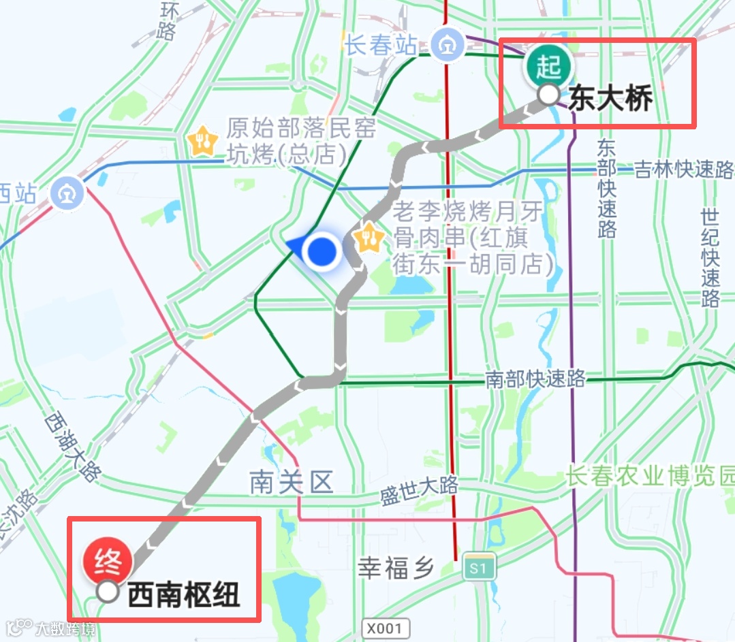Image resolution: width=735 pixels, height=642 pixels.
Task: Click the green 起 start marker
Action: pyautogui.click(x=548, y=67)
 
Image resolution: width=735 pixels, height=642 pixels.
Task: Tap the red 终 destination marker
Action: pyautogui.click(x=107, y=562)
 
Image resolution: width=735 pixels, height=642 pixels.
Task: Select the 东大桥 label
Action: pyautogui.click(x=611, y=99)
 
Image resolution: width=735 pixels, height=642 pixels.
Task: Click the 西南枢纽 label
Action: pyautogui.click(x=184, y=594)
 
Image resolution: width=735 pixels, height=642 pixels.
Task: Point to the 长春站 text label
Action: pyautogui.click(x=380, y=46)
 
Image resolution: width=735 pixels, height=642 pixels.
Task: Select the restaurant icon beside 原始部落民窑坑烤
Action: pyautogui.click(x=202, y=142)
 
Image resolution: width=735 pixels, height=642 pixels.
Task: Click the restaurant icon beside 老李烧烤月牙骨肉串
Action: pyautogui.click(x=370, y=237)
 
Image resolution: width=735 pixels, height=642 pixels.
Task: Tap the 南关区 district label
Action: pyautogui.click(x=292, y=483)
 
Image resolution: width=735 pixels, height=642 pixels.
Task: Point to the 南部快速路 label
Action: pyautogui.click(x=535, y=379)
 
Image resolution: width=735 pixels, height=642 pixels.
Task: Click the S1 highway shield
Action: pyautogui.click(x=478, y=567)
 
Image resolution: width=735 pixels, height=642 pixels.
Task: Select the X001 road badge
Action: pyautogui.click(x=386, y=627)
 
